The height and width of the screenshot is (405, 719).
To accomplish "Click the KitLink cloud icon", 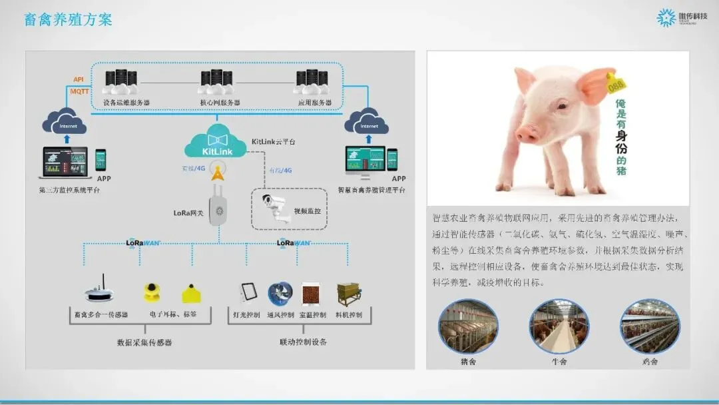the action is point(214,143).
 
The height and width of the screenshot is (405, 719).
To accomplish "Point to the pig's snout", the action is point(527,133).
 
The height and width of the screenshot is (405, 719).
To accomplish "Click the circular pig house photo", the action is point(468,326).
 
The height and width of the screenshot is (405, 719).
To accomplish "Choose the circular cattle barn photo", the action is point(559,326).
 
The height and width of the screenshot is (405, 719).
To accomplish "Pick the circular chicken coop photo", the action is point(649,326).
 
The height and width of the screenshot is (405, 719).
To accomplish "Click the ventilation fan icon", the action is point(280,294).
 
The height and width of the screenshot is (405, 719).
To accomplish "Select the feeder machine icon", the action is point(349,294).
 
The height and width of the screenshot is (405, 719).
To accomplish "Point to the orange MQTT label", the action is point(79,91).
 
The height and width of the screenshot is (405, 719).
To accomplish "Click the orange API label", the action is point(79,79).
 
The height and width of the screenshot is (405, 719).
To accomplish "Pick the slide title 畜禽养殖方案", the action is point(68,19).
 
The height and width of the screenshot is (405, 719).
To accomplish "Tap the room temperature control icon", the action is point(311,294).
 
